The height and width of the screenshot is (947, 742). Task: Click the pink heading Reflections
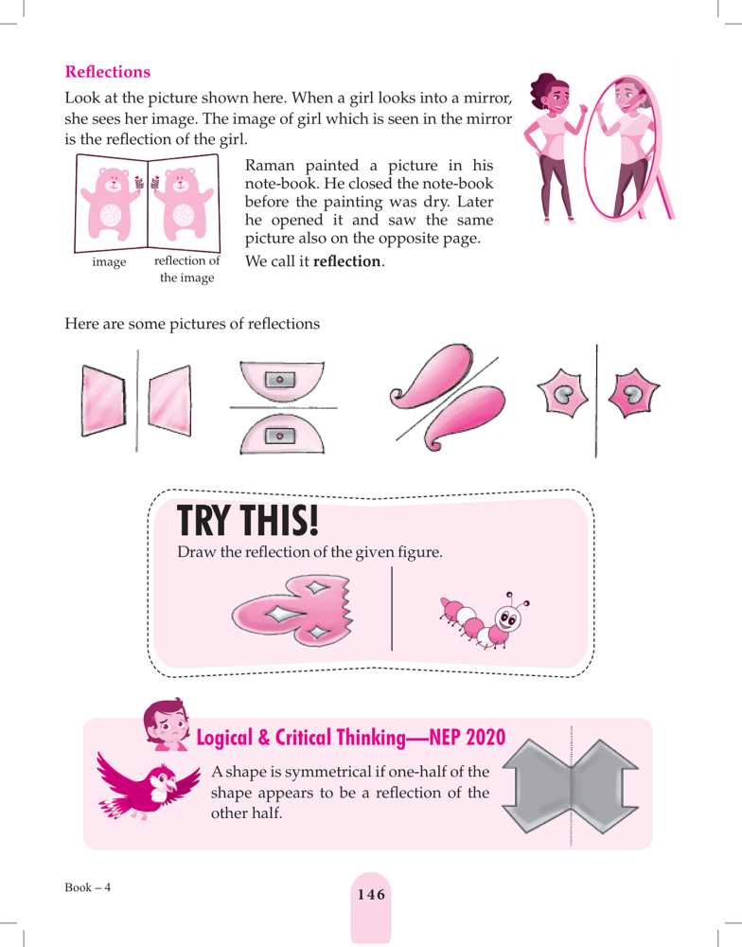click(108, 72)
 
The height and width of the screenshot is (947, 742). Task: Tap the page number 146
click(371, 895)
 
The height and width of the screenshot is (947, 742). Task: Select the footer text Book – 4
click(87, 887)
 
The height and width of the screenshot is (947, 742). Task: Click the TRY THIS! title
click(248, 520)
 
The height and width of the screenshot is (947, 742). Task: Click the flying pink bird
click(147, 784)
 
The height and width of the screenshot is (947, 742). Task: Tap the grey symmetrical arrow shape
click(570, 785)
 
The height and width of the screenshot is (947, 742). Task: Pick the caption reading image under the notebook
click(109, 262)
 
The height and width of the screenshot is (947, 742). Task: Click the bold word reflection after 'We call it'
click(347, 261)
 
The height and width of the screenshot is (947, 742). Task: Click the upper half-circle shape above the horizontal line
click(282, 379)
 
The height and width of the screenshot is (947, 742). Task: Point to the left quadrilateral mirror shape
click(103, 401)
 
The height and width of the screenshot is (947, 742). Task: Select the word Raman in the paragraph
click(270, 166)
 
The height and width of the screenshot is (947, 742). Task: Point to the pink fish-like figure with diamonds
click(291, 611)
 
